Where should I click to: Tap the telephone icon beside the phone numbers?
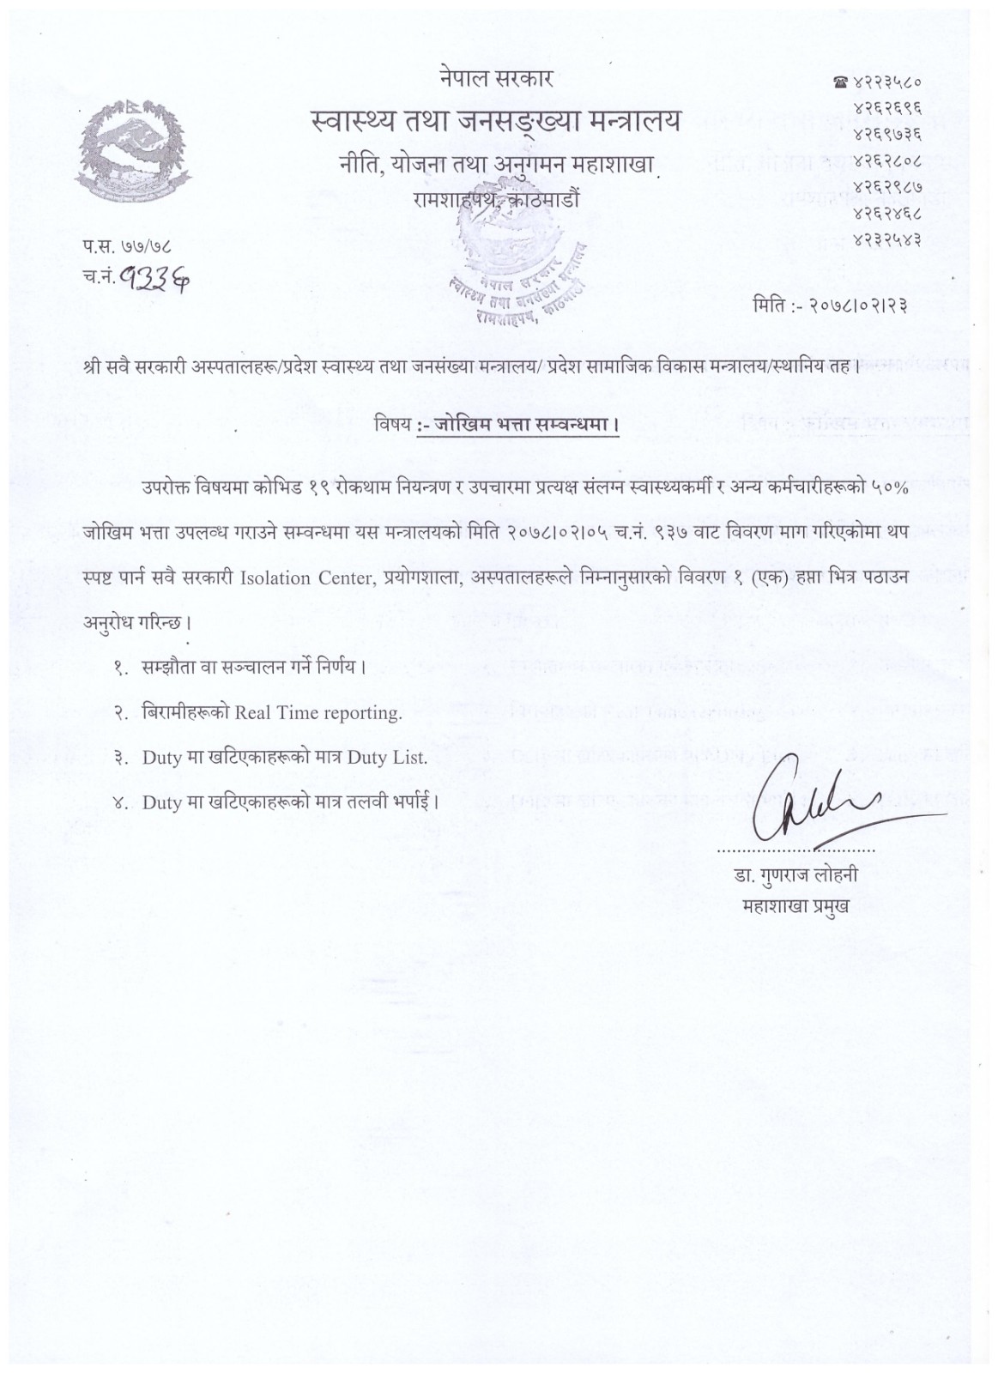839,82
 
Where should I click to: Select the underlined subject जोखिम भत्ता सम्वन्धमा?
517,425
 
